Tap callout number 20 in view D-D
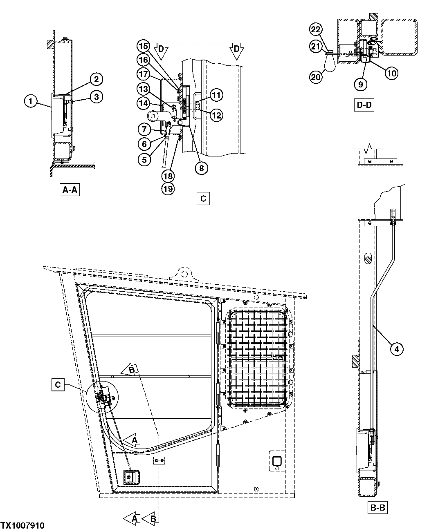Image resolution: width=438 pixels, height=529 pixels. pos(315,76)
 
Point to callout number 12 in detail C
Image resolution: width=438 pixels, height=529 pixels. pos(216,115)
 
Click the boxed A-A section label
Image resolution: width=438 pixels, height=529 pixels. pos(69,190)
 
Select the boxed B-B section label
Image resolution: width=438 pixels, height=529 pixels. pos(378,508)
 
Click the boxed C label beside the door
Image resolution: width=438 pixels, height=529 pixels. pos(58,385)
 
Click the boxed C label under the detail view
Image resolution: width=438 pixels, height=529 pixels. pos(203,199)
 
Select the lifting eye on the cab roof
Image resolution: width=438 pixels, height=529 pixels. pos(184,273)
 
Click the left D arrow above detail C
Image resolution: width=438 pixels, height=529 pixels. pos(161,50)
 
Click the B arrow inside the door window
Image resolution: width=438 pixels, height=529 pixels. pos(130,370)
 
